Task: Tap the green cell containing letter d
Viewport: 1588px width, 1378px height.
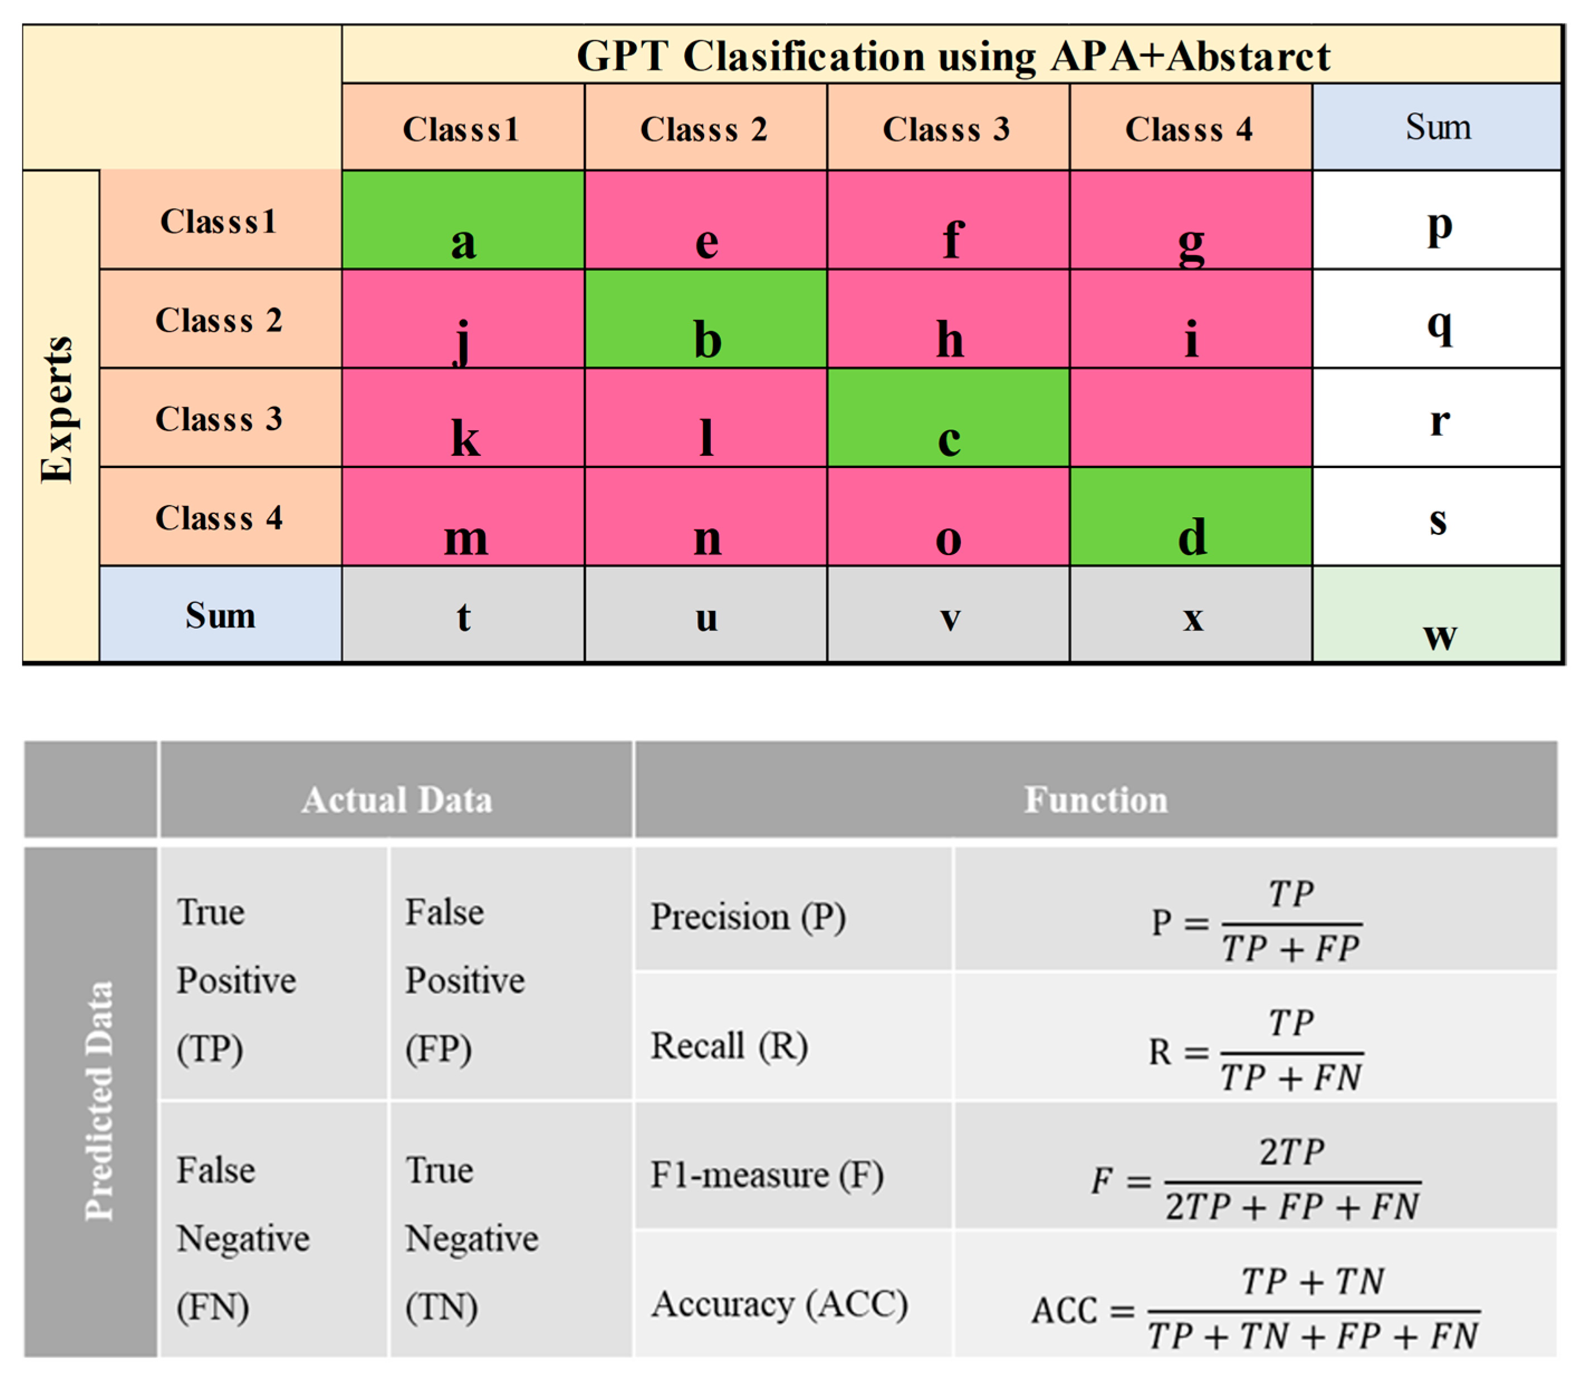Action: (1190, 517)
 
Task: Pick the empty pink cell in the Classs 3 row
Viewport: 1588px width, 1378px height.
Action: (1190, 417)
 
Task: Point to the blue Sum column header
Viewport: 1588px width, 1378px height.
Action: (1437, 127)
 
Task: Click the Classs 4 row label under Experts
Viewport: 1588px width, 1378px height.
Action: (219, 518)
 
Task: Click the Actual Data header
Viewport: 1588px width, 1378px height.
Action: (396, 799)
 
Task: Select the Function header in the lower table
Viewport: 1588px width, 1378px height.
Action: (1095, 799)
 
